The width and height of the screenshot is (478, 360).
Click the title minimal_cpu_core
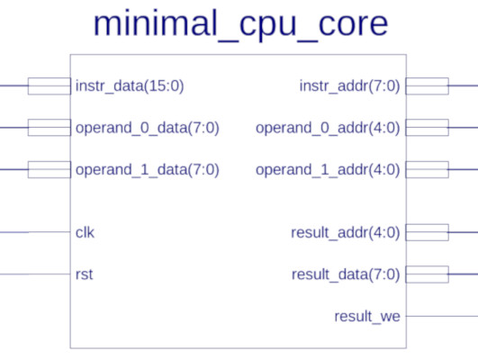[240, 24]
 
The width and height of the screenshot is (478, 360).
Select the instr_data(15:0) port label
[130, 86]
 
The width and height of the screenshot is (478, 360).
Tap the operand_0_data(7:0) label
[148, 128]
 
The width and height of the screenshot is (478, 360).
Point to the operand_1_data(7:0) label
[148, 170]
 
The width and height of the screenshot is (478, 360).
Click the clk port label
[85, 232]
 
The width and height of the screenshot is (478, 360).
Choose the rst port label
[84, 274]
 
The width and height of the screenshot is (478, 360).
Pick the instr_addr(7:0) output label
[349, 86]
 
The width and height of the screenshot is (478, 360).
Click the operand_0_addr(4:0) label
[328, 128]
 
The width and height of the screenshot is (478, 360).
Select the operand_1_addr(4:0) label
[328, 170]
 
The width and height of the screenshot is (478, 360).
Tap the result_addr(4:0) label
[346, 233]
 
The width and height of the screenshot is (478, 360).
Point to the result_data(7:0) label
[346, 274]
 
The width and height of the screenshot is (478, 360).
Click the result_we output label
[367, 317]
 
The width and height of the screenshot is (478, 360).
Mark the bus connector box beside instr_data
[50, 86]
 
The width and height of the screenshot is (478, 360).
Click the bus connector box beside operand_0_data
[50, 128]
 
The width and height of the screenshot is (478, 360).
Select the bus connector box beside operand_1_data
[50, 169]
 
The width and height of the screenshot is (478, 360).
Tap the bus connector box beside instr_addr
[427, 86]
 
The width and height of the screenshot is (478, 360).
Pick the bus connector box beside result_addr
[427, 232]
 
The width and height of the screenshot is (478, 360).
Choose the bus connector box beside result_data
[427, 274]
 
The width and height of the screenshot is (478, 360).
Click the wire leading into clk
[35, 232]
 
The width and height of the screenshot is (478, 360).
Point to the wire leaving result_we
[442, 316]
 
